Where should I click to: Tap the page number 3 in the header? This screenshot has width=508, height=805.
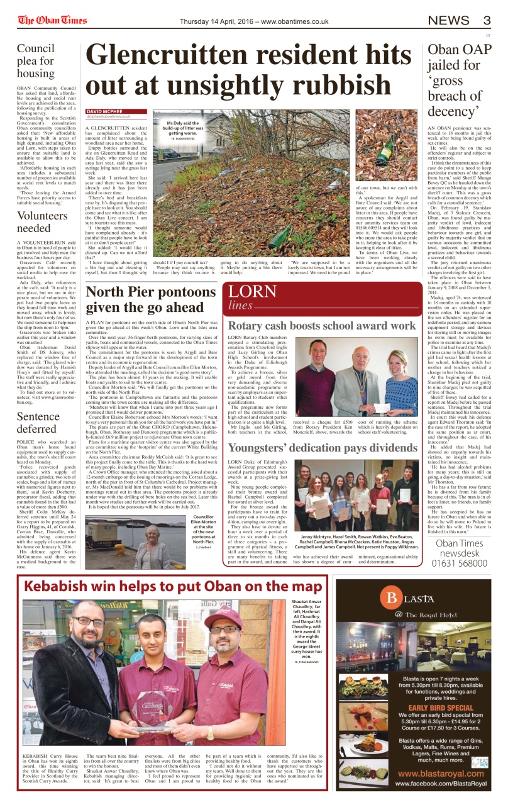tap(486, 21)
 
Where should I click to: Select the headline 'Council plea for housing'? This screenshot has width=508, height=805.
tap(40, 62)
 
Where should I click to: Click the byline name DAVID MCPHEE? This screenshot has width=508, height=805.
tap(104, 111)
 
